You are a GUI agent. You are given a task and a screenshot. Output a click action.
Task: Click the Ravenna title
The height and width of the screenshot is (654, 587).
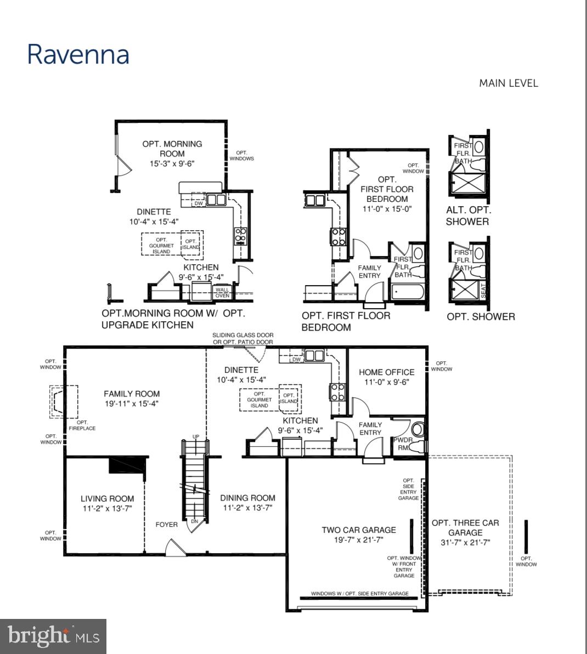click(78, 55)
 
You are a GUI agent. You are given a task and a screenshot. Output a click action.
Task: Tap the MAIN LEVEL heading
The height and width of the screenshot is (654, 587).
click(508, 83)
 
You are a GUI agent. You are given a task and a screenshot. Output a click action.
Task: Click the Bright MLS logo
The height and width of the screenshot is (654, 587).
click(53, 636)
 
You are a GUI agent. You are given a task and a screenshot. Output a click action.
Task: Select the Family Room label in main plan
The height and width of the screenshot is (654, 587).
click(132, 399)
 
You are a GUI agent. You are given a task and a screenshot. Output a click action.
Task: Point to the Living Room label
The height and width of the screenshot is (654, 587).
click(107, 503)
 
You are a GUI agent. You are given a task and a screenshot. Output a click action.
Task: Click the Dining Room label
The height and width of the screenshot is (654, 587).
click(247, 503)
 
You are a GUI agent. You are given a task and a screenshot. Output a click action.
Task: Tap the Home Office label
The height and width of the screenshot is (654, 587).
click(386, 377)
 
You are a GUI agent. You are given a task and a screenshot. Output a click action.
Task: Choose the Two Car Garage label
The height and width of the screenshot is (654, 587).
click(358, 534)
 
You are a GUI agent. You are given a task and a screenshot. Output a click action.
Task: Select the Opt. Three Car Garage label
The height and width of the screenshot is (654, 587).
click(465, 532)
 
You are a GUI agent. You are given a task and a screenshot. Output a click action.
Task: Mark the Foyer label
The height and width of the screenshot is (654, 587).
click(166, 525)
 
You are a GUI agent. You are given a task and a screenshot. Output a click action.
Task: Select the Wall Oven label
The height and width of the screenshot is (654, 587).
click(222, 293)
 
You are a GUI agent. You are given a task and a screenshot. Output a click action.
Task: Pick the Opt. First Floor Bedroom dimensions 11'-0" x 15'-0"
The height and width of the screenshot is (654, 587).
click(387, 209)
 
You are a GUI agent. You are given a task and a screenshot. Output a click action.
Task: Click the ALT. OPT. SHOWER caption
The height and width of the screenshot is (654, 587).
click(468, 216)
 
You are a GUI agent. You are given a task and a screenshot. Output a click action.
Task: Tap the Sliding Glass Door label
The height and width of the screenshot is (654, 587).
click(242, 338)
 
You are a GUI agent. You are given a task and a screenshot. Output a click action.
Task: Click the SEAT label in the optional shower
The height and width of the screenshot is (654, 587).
click(483, 289)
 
